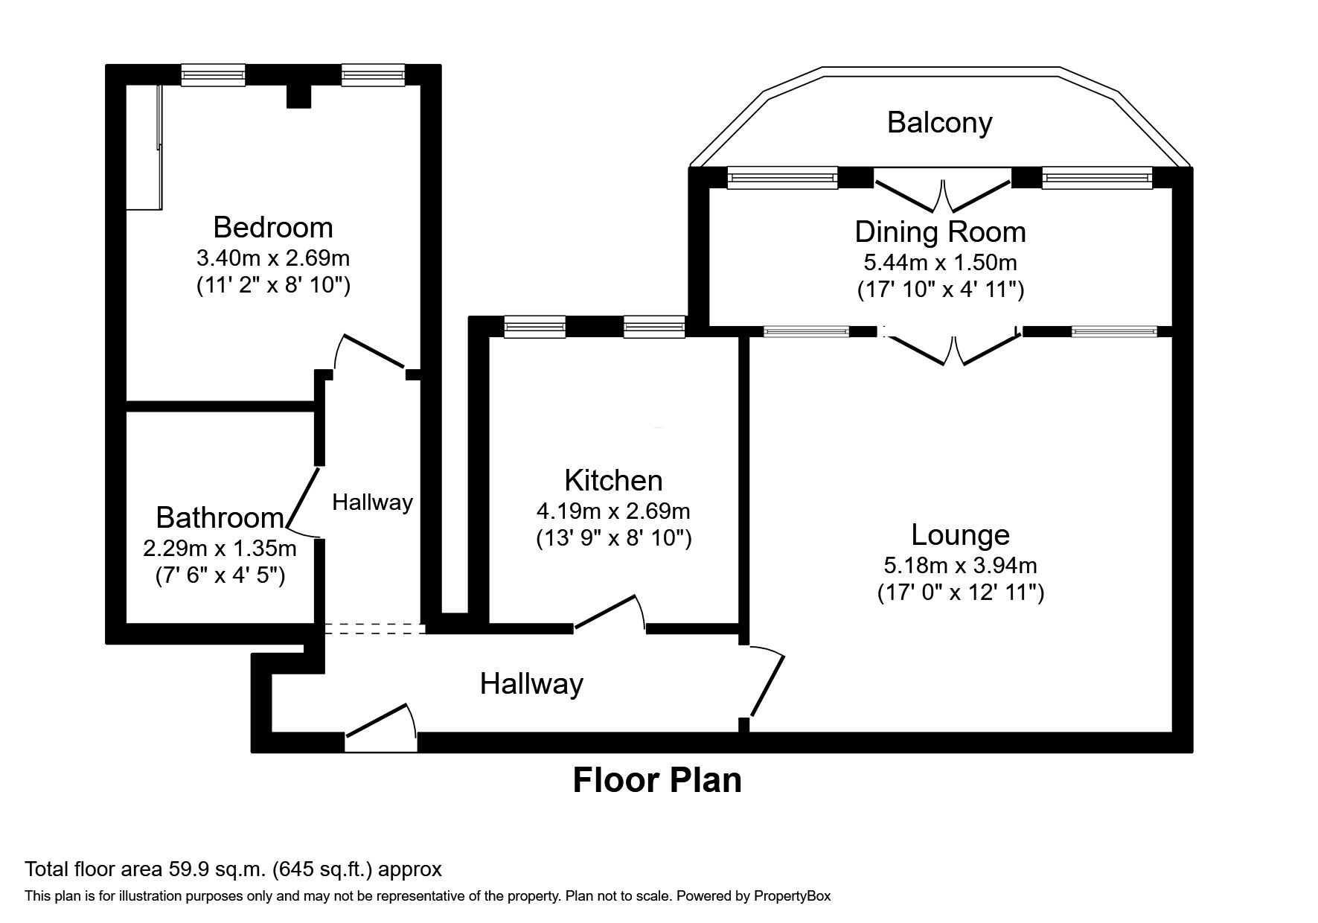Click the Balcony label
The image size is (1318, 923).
point(939,123)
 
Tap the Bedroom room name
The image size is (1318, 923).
point(272,227)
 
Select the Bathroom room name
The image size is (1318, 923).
point(220,517)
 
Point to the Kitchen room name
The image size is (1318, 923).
point(613,480)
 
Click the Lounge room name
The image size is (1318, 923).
point(960,534)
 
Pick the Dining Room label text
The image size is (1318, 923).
point(940,232)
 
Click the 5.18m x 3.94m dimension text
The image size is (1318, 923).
point(960,566)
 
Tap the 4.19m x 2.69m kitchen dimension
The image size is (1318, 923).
point(613,511)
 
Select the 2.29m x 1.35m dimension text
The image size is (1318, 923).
point(220,549)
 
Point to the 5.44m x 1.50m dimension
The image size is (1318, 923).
point(940,263)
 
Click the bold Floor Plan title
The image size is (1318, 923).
point(657,781)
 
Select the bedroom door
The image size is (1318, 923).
point(371,351)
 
